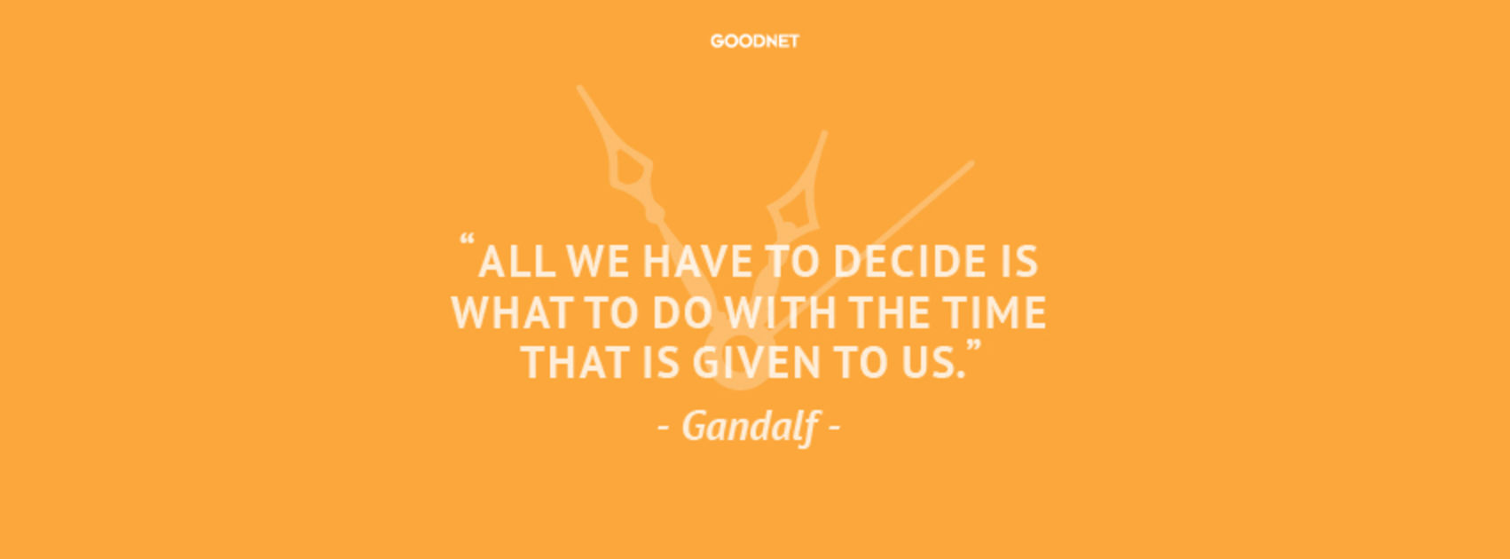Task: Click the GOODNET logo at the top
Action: [x=754, y=41]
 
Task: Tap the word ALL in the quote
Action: [x=516, y=261]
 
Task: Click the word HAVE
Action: [x=697, y=261]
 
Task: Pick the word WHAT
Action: [x=512, y=312]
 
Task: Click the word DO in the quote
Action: [x=680, y=312]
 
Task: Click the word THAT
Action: [x=576, y=362]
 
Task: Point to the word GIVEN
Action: [x=756, y=362]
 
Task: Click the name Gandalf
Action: [x=750, y=426]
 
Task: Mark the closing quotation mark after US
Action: [x=974, y=347]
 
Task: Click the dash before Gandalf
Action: [x=664, y=428]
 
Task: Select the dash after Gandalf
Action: [x=834, y=428]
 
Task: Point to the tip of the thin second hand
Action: [x=972, y=163]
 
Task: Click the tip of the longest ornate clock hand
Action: [x=579, y=88]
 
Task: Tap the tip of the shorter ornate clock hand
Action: [x=824, y=133]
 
